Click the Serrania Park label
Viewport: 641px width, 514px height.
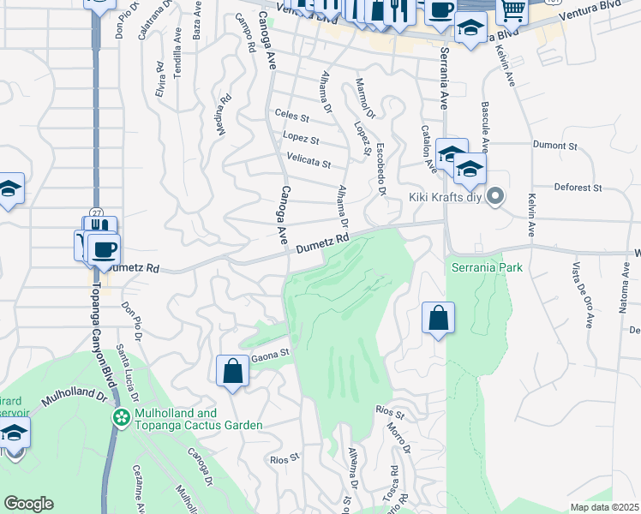(x=486, y=267)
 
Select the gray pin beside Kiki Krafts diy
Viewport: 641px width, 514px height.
(x=494, y=198)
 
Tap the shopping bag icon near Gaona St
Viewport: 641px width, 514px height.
(x=233, y=371)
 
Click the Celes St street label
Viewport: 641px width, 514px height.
(x=291, y=114)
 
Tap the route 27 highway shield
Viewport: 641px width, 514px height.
(x=96, y=212)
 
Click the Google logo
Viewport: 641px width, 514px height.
(x=28, y=504)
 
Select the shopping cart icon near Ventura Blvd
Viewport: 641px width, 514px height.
(x=512, y=10)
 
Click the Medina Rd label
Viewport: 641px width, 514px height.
(x=224, y=115)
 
